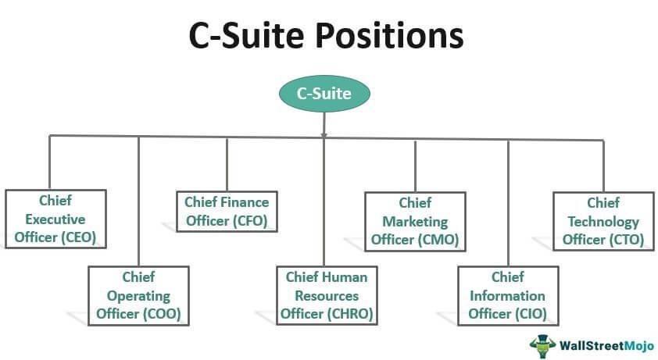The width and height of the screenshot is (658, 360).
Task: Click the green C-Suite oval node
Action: (324, 94)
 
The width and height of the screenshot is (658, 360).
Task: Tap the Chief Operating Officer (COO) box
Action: (138, 296)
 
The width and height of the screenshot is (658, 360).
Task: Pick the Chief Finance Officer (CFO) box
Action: (227, 212)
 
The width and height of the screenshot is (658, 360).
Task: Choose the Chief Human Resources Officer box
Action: (326, 296)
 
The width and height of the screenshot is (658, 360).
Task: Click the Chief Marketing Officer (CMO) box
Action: (415, 221)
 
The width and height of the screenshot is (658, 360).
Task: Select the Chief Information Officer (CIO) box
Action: (507, 296)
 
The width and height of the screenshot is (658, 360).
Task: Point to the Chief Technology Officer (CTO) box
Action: (603, 221)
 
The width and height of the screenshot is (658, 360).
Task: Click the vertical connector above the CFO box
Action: (227, 164)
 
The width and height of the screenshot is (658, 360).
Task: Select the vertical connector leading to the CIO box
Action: (508, 203)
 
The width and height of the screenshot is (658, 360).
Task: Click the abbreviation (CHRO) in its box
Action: (349, 315)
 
